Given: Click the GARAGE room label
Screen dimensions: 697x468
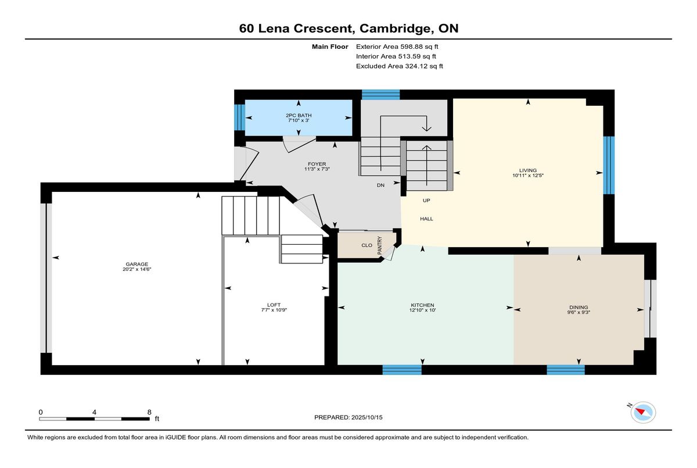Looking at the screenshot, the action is click(136, 264).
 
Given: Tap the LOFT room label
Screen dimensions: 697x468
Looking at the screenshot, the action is click(274, 305).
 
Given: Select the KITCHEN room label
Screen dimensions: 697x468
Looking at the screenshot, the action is click(422, 305).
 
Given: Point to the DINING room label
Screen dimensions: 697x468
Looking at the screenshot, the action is click(579, 307).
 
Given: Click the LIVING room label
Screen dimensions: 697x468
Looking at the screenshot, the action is click(528, 170).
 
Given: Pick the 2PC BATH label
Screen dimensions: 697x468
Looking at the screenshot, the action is click(299, 115).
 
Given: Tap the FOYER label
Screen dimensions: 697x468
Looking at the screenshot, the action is click(317, 164).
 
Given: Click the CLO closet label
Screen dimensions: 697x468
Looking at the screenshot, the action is click(367, 245).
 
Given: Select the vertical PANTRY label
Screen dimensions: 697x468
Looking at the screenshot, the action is click(380, 246).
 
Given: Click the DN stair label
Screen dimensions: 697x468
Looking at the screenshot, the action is click(380, 185).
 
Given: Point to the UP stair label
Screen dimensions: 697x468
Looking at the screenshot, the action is click(426, 201).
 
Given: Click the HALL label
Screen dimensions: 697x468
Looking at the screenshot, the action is click(426, 219).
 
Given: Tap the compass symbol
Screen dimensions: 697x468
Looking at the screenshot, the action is click(643, 412).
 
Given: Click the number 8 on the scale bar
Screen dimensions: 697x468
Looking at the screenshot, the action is click(149, 412).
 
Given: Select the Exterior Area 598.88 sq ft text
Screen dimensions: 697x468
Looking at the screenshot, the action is click(397, 47).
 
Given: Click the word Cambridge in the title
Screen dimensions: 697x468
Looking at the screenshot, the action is click(395, 28).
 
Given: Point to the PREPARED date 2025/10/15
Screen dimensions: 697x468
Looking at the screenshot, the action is click(367, 417).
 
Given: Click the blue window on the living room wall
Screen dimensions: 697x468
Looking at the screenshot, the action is click(609, 165).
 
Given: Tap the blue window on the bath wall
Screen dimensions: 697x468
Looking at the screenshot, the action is click(239, 117).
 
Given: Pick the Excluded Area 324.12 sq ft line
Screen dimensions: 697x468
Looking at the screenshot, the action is click(400, 66).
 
